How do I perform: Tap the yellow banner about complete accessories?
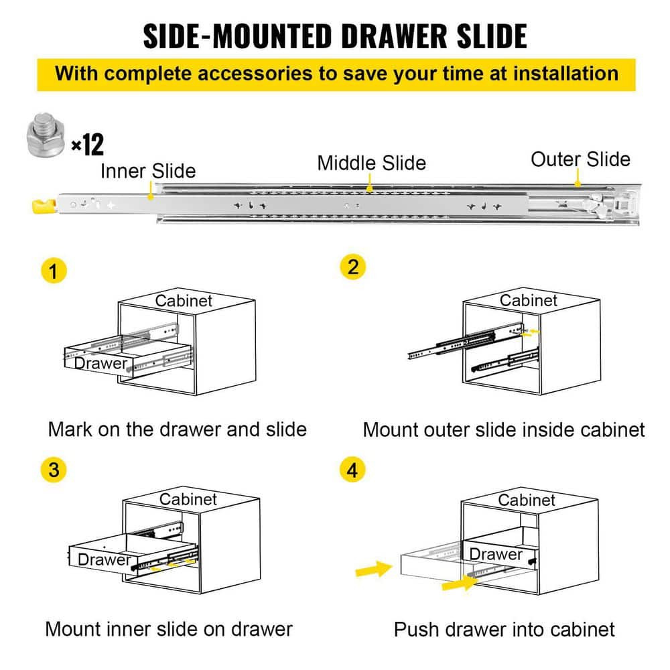(336, 73)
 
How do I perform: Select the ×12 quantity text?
(87, 144)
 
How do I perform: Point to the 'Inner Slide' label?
(148, 171)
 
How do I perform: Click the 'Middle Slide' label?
(371, 163)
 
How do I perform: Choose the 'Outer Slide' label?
(580, 159)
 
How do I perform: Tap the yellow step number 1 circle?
(54, 271)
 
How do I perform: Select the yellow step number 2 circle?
(353, 267)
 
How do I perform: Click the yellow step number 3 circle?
(54, 470)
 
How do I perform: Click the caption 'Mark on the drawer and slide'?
(177, 429)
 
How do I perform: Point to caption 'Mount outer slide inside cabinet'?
(503, 429)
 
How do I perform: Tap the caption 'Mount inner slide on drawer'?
(168, 629)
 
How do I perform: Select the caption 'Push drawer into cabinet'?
(504, 630)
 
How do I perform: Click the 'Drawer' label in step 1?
(100, 363)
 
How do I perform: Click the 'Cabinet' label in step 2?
(529, 300)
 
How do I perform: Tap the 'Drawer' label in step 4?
(495, 554)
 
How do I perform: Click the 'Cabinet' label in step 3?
(188, 499)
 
